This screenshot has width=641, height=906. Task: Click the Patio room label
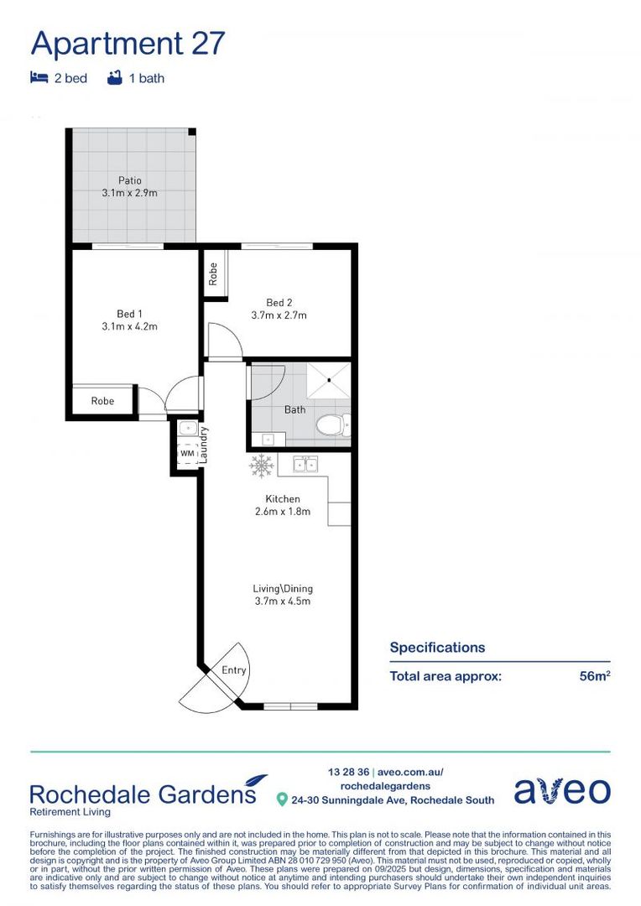(129, 180)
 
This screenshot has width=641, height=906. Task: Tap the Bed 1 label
(129, 314)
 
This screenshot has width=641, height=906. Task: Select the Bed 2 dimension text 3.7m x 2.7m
(279, 316)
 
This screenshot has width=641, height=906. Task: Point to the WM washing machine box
(187, 454)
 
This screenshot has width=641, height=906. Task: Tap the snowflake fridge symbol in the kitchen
(261, 464)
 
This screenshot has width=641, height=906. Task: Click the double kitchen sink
(305, 464)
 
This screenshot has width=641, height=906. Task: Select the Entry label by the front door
(234, 669)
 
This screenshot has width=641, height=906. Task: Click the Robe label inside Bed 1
(102, 401)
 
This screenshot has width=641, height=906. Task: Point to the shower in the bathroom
(327, 381)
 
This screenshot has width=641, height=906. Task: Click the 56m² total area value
(594, 676)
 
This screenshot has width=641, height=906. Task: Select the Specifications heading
(437, 648)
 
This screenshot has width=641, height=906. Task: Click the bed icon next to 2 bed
(39, 78)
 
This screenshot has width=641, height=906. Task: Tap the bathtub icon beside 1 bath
(115, 78)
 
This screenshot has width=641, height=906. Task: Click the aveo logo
(561, 790)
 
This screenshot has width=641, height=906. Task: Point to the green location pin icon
(283, 800)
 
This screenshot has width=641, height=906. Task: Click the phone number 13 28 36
(350, 772)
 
